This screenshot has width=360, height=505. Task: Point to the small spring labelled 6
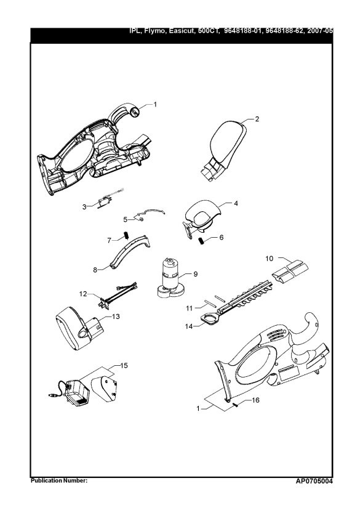(200, 240)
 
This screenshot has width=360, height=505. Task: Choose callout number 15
(124, 366)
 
